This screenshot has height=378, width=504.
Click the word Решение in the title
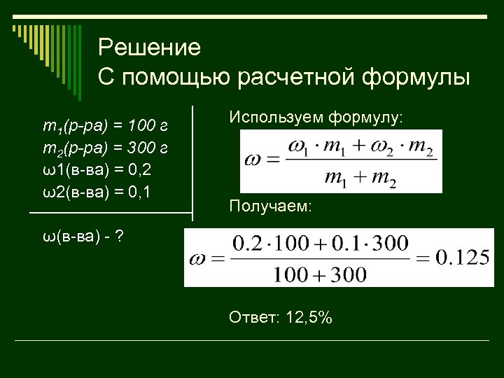coord(149,48)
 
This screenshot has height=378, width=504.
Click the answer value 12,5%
coord(307,318)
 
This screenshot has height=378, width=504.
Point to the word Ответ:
coord(253,318)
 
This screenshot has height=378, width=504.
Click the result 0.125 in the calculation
coord(462,258)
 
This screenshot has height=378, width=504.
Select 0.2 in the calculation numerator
coord(246,244)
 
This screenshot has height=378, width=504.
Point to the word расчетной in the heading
coord(297,76)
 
